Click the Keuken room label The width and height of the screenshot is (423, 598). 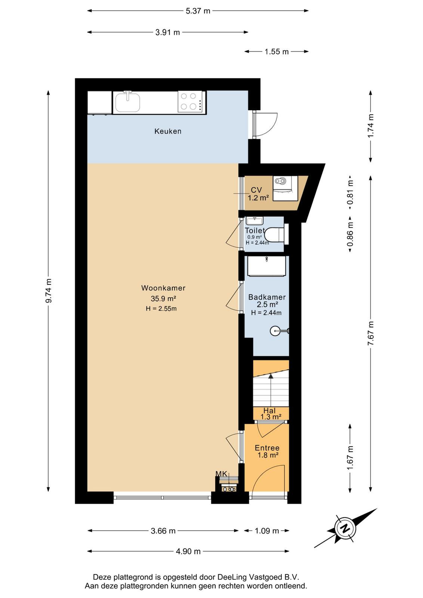click(x=168, y=131)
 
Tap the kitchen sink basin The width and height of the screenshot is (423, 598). click(x=127, y=103)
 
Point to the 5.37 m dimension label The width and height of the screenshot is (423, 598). click(x=198, y=11)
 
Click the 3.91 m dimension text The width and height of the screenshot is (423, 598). click(x=168, y=33)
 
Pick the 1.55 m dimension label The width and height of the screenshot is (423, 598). click(x=277, y=52)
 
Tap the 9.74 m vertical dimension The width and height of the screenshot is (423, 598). click(x=49, y=291)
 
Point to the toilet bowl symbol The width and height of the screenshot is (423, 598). click(x=277, y=234)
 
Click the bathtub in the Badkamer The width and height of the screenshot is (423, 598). click(x=266, y=266)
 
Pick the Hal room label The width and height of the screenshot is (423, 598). click(x=269, y=411)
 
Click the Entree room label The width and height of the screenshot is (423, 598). click(x=267, y=448)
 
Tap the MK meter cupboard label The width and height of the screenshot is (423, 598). click(x=222, y=474)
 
